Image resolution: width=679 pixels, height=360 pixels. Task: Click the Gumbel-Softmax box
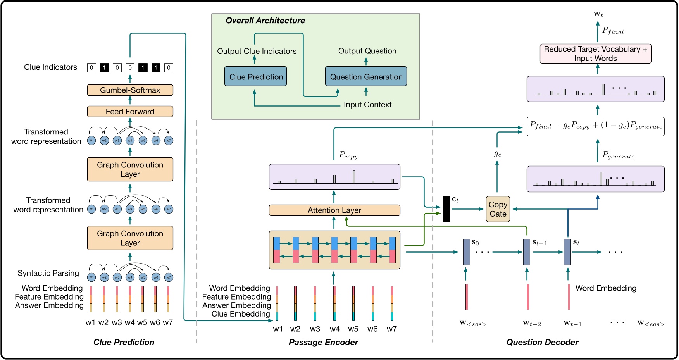tap(130, 90)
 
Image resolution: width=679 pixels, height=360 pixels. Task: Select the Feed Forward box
tap(130, 112)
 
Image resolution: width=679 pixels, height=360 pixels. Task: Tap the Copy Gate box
tap(498, 209)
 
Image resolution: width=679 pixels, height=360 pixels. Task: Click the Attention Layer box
tap(334, 210)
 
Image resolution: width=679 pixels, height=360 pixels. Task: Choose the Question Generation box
tap(366, 77)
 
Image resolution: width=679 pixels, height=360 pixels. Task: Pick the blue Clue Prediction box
tap(256, 77)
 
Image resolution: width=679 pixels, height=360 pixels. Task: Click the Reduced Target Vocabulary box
tap(595, 54)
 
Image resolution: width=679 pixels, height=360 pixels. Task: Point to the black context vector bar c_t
tap(446, 209)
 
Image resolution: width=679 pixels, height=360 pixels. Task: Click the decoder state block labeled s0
tap(466, 252)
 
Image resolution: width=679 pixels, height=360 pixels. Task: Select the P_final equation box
tap(595, 126)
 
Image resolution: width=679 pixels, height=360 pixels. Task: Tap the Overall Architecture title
tap(265, 21)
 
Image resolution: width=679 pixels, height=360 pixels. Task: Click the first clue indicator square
tap(91, 68)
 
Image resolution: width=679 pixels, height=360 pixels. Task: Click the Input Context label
tap(367, 105)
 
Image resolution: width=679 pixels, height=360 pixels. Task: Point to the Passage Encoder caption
tap(323, 342)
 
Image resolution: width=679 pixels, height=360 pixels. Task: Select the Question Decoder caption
tap(542, 342)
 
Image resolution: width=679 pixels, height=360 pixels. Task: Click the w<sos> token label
tap(472, 323)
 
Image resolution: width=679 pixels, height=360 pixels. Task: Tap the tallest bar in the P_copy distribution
tap(353, 177)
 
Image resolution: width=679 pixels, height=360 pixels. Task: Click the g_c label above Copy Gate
tap(498, 154)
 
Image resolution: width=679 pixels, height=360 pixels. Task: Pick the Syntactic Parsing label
tap(48, 273)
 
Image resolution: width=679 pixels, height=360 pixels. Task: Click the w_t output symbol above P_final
tap(598, 14)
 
